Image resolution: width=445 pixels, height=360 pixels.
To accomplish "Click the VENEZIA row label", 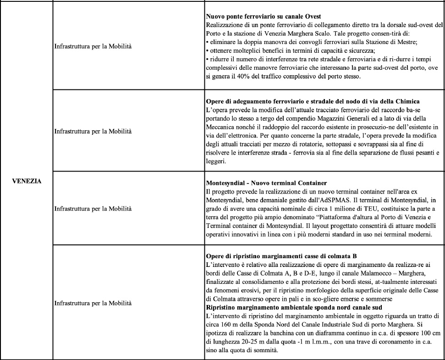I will tap(27, 181).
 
